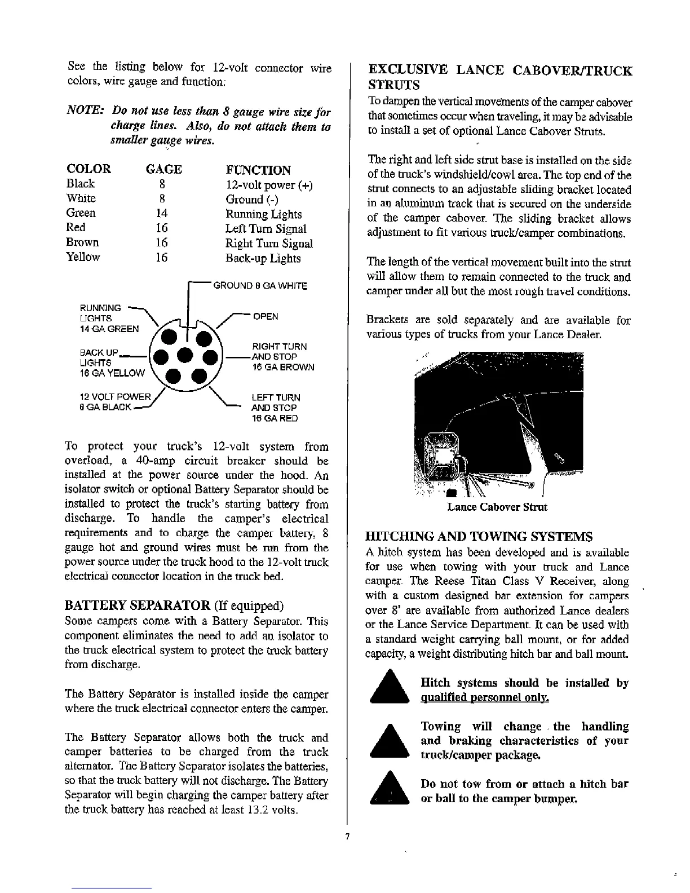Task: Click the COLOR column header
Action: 89,169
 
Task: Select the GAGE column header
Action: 163,169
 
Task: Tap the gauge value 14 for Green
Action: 162,213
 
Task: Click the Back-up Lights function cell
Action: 263,258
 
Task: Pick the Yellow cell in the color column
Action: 83,257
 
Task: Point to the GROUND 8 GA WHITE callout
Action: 259,286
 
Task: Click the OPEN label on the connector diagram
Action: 266,316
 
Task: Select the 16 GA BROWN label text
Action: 282,367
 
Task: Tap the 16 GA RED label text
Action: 274,418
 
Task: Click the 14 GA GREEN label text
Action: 110,329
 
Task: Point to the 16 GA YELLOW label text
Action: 112,373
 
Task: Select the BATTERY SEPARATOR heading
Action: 139,605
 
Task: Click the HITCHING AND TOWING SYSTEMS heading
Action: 479,536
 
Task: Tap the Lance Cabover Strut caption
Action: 497,507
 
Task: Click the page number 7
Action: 348,836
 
